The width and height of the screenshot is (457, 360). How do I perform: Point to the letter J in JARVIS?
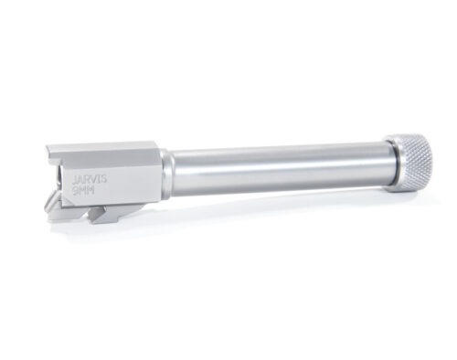75,183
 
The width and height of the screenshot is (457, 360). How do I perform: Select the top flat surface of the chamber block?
101,150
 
